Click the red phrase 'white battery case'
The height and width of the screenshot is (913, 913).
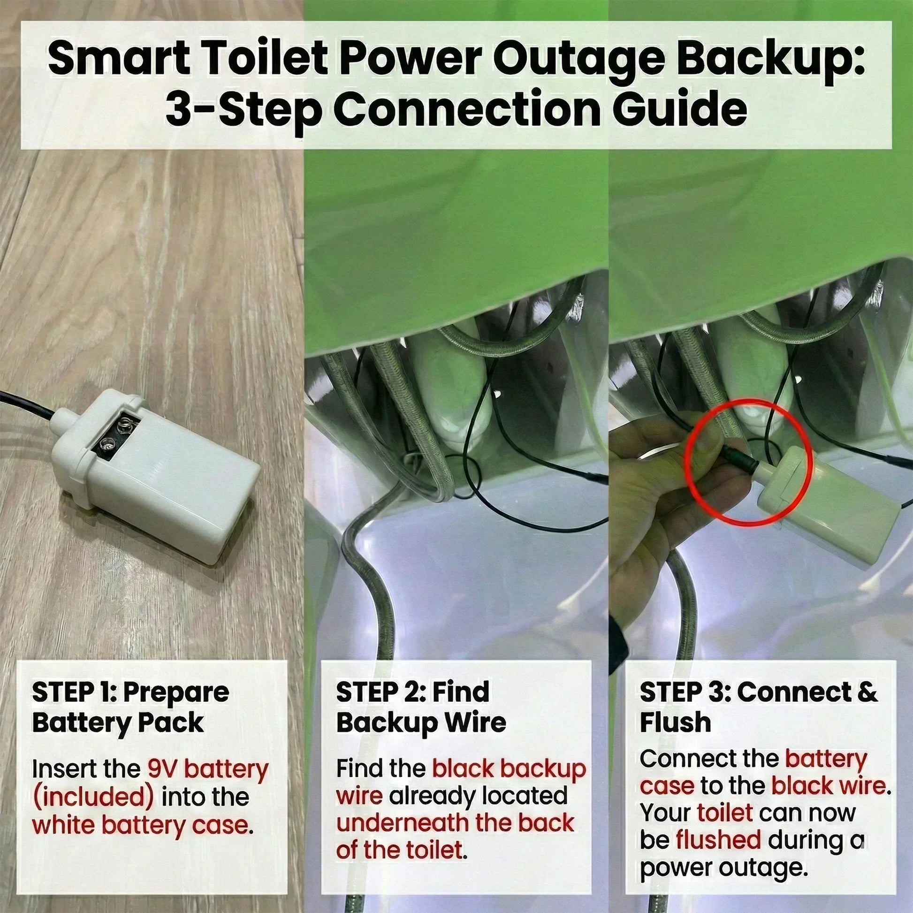tap(140, 826)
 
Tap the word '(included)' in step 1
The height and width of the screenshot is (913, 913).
tap(93, 797)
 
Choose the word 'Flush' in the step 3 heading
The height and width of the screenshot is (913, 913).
tap(675, 723)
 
